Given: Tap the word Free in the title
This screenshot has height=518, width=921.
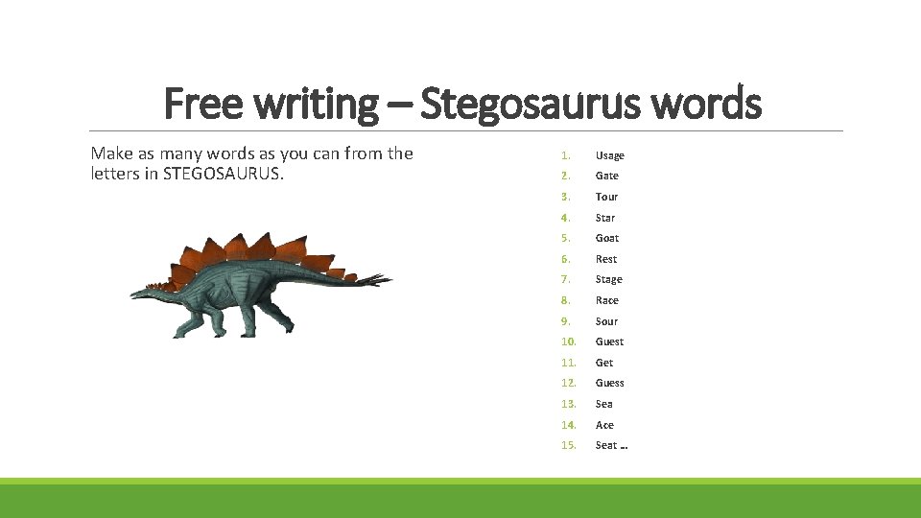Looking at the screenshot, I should (199, 104).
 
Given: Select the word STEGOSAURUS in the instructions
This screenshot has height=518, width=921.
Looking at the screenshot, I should (224, 174).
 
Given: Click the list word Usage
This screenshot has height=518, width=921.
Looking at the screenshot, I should (609, 155).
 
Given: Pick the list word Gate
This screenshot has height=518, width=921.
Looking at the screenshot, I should (606, 176).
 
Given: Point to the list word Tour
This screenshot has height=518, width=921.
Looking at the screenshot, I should (606, 197).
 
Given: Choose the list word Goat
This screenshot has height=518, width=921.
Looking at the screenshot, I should (606, 238).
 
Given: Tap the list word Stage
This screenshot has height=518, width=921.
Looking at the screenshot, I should (608, 279).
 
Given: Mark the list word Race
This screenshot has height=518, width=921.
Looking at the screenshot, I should (606, 300).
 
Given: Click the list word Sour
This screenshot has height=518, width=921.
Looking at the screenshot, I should (606, 321).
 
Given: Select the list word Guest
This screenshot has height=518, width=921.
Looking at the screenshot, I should (609, 341).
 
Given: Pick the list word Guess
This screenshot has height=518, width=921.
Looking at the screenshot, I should (609, 383).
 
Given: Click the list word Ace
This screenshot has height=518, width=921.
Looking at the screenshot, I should (604, 425).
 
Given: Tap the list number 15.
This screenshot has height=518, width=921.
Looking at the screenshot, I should (569, 445).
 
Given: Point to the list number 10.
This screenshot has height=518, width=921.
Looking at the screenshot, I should (569, 341).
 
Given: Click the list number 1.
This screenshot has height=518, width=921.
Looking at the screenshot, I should (567, 155).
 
